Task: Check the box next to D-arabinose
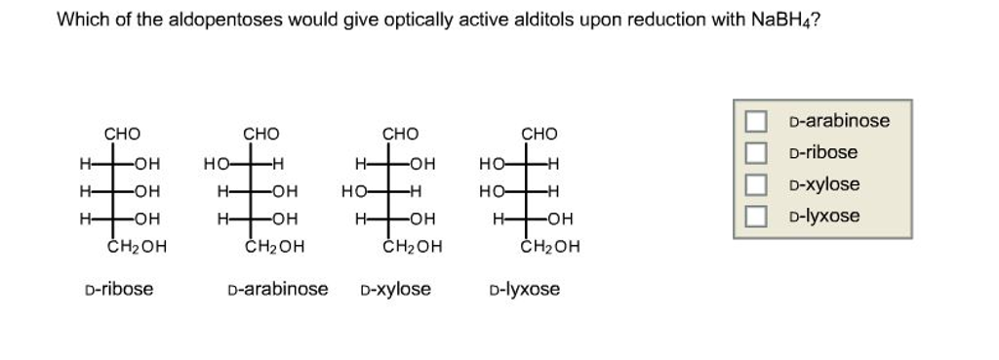[756, 122]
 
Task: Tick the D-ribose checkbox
[756, 153]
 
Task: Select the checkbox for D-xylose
[756, 184]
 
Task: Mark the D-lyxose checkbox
[756, 216]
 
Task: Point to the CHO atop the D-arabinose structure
[260, 134]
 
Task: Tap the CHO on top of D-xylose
[400, 134]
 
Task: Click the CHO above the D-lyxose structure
[539, 134]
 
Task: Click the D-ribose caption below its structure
[118, 289]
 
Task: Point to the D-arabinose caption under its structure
[277, 289]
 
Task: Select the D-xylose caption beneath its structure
[395, 289]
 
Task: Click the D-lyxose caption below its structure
[525, 289]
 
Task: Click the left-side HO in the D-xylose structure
[353, 191]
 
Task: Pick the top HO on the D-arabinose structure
[215, 163]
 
